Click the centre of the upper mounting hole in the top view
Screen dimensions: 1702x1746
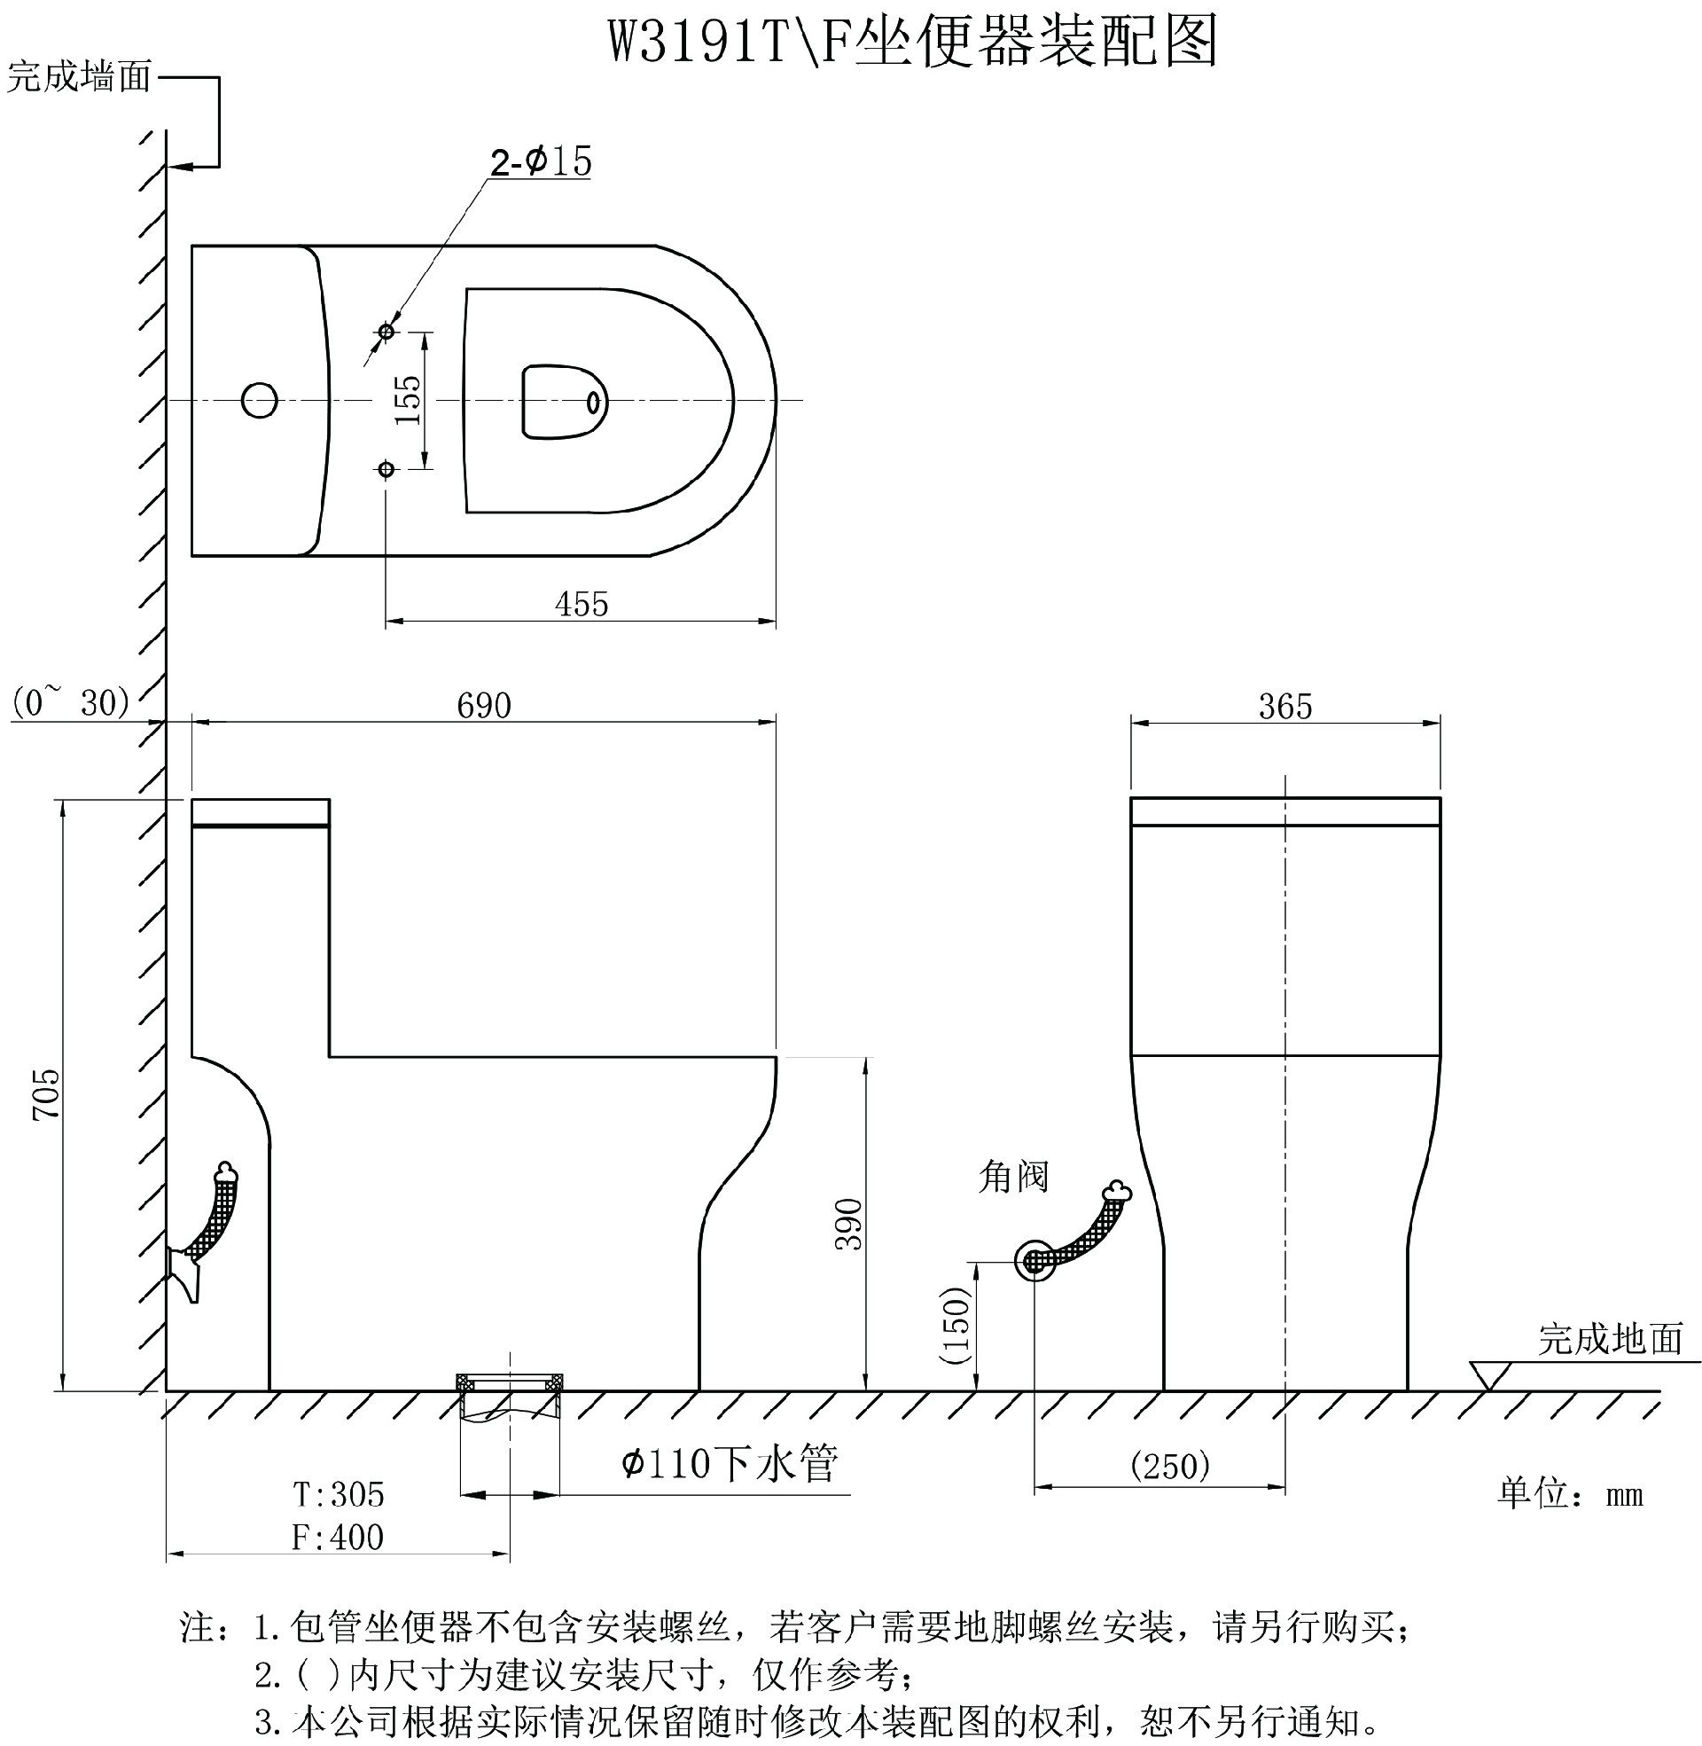tap(386, 332)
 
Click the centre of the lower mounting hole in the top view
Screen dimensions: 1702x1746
tap(386, 468)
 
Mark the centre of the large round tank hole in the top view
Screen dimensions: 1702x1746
tap(259, 400)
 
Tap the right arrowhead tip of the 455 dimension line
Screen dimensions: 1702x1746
tap(776, 620)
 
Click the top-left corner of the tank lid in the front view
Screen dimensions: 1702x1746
tap(192, 799)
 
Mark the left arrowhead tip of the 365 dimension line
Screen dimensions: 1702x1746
tap(1131, 724)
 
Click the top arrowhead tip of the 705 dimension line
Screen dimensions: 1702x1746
tap(63, 799)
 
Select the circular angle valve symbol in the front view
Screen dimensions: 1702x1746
tap(1034, 1261)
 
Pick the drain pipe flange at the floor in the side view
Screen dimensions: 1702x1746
tap(510, 1382)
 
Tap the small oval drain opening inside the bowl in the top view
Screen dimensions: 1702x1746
tap(593, 403)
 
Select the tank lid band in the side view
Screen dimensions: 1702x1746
tap(261, 812)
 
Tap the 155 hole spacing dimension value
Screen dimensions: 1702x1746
tap(408, 400)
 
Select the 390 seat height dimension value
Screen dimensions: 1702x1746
tap(849, 1224)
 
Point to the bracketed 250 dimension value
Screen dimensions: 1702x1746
tap(1170, 1465)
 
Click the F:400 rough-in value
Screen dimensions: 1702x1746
tap(338, 1537)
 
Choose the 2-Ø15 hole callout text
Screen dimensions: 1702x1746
tap(541, 161)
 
